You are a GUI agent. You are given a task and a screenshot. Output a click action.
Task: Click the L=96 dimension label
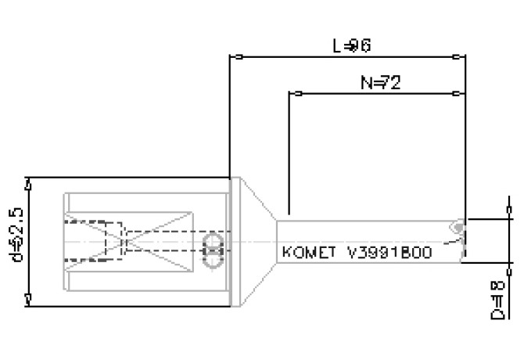click(351, 45)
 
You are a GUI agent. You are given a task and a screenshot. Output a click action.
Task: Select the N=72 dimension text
click(381, 83)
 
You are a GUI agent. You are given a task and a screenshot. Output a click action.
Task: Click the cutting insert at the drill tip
click(457, 229)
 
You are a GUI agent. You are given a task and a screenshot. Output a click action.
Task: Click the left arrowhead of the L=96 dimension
click(235, 56)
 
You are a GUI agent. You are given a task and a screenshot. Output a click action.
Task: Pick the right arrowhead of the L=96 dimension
click(460, 56)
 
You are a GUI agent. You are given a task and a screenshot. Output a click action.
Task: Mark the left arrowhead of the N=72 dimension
click(295, 94)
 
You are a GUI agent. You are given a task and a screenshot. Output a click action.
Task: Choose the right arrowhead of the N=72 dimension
click(460, 94)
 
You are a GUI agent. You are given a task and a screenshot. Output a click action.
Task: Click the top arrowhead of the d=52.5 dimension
click(29, 184)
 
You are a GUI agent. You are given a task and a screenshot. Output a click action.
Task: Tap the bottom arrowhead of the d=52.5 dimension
click(29, 298)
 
